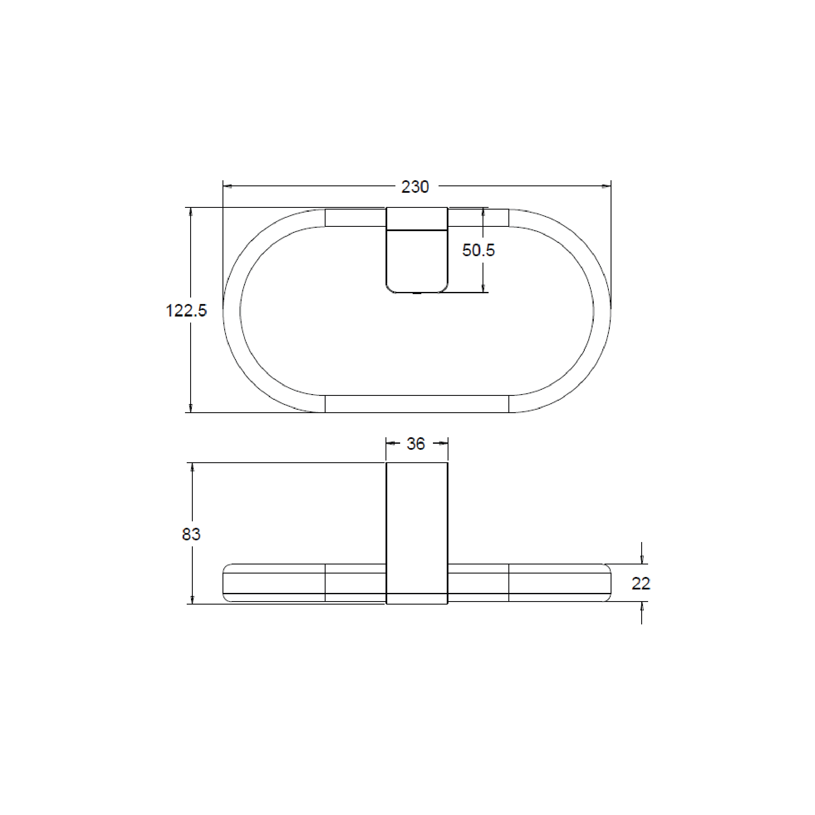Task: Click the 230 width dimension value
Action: (415, 187)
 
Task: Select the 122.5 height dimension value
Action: (186, 310)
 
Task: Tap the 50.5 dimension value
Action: (478, 250)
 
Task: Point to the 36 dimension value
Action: (416, 444)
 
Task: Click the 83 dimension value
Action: (191, 534)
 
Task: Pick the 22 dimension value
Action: (641, 583)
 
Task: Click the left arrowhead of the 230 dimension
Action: (228, 186)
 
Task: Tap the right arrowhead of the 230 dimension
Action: (606, 186)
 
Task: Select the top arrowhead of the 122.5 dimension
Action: (191, 212)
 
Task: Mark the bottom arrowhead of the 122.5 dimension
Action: (191, 407)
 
